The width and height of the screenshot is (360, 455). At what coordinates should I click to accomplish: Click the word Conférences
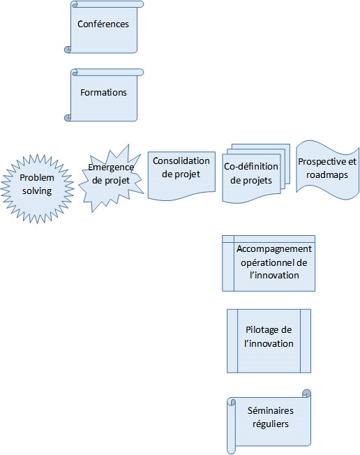(103, 24)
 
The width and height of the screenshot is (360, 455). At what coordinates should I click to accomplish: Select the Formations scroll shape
(104, 95)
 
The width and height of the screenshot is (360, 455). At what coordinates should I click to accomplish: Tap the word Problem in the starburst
(37, 177)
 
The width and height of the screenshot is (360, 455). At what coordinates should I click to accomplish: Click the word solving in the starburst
(37, 191)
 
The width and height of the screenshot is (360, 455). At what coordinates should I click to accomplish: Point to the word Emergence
(111, 167)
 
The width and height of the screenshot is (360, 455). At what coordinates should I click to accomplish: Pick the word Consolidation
(181, 161)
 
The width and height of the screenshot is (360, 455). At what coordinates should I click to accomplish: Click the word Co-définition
(251, 166)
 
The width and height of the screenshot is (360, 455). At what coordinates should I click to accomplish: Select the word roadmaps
(327, 174)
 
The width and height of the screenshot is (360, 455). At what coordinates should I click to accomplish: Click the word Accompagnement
(274, 249)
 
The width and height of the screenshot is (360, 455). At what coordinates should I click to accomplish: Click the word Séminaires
(271, 410)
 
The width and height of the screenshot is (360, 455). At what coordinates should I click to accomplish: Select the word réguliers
(271, 424)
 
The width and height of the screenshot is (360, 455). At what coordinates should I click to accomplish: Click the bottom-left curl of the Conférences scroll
(68, 50)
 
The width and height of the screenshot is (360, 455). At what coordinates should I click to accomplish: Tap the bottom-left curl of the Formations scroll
(68, 118)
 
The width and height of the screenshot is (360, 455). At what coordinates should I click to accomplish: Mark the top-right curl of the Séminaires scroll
(306, 394)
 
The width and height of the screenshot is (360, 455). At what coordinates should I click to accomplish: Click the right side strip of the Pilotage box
(306, 341)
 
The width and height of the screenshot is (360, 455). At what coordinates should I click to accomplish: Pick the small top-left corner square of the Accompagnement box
(228, 239)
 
